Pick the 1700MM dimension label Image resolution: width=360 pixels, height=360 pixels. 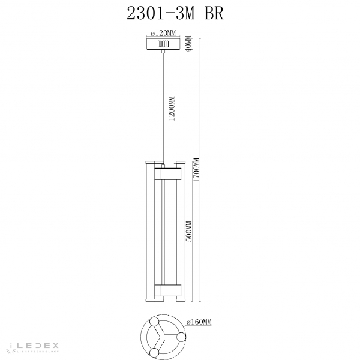pyautogui.click(x=196, y=170)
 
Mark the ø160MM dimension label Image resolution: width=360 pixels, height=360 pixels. pyautogui.click(x=199, y=322)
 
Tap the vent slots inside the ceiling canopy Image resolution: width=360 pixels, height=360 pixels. pyautogui.click(x=162, y=44)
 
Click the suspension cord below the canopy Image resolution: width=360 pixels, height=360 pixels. pyautogui.click(x=163, y=108)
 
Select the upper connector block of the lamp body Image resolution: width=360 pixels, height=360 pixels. pyautogui.click(x=168, y=174)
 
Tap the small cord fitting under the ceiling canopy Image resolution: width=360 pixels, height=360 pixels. pyautogui.click(x=163, y=55)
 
